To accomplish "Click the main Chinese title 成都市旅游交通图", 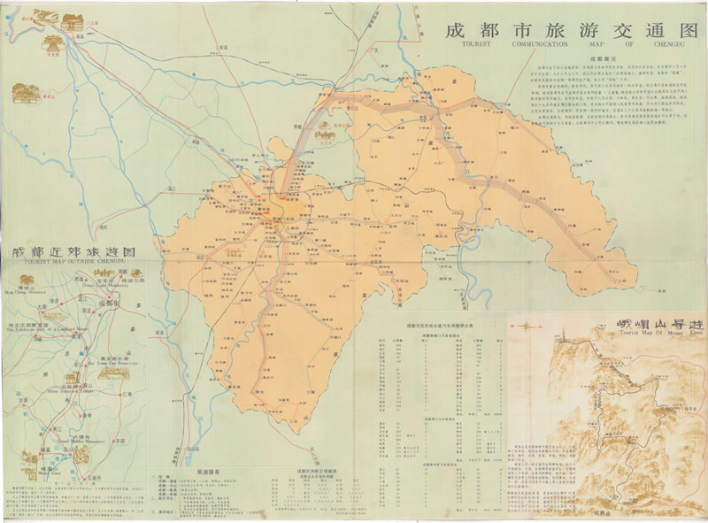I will [x=566, y=28].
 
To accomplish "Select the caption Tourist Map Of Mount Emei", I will [x=650, y=335].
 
